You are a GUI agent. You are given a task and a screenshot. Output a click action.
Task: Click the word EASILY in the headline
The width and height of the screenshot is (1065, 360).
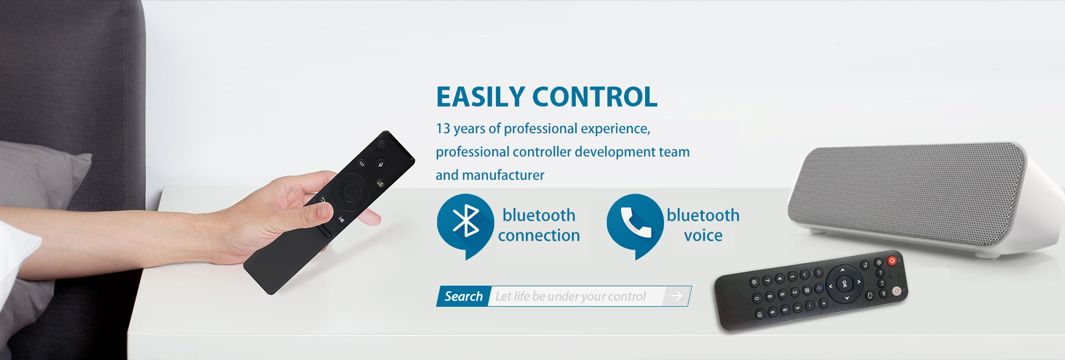click(480, 97)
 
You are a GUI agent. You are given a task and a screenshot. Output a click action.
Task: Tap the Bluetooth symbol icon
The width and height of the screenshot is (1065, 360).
click(465, 221)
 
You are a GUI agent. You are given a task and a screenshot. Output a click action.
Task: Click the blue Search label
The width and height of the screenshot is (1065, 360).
click(463, 296)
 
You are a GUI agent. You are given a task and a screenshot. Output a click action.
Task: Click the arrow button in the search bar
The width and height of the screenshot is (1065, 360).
click(676, 296)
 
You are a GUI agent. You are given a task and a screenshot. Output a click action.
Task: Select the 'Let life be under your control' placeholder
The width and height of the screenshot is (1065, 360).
click(570, 297)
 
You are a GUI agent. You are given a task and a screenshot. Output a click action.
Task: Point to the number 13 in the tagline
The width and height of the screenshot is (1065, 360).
click(443, 129)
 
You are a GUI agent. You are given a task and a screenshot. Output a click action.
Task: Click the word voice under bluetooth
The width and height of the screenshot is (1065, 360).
click(703, 236)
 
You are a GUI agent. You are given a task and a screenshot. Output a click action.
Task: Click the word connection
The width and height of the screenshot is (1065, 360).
click(539, 236)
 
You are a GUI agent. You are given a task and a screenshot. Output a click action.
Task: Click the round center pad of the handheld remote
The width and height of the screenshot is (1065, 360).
click(351, 192)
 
